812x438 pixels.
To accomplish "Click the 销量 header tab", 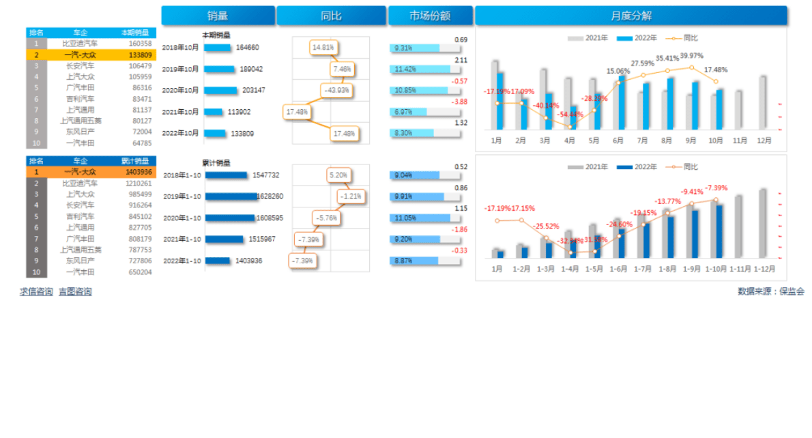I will point(218,16).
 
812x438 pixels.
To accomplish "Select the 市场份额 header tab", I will point(430,16).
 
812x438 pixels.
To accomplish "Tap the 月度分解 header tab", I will point(630,16).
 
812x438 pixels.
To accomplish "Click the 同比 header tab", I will point(331,16).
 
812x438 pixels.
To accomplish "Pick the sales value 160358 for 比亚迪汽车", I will point(140,44).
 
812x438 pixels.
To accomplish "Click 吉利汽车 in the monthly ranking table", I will point(81,99).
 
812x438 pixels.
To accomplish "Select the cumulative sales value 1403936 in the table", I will point(139,172).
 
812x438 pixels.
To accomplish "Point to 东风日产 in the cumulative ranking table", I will point(81,261).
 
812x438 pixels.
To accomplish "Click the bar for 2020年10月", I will point(220,90).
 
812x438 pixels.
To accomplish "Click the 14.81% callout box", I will point(324,48).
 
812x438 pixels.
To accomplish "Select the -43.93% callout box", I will point(337,90).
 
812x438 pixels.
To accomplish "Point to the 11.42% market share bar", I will point(420,70).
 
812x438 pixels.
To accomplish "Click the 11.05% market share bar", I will point(420,218).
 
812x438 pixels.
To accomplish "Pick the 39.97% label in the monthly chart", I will point(691,56).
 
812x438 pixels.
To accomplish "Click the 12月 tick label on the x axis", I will point(764,141).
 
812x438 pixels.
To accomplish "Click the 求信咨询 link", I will point(36,292).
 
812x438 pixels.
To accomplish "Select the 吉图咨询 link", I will point(75,292).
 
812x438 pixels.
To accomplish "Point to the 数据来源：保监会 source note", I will point(770,291).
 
